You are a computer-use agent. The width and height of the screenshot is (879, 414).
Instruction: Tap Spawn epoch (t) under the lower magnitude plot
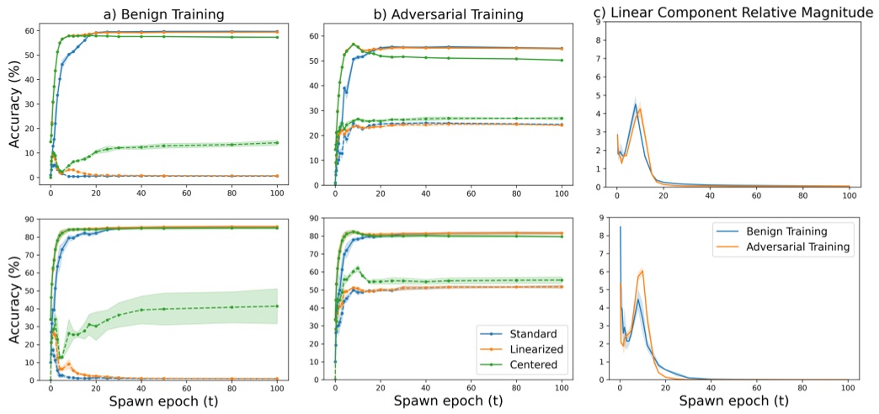(732, 401)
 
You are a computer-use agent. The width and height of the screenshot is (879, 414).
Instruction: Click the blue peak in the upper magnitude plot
(636, 104)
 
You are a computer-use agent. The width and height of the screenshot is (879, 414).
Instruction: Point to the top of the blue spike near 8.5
(621, 226)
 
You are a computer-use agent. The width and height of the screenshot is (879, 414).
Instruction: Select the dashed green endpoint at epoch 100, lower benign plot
(277, 305)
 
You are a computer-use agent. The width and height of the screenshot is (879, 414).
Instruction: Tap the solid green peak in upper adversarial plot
(354, 44)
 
